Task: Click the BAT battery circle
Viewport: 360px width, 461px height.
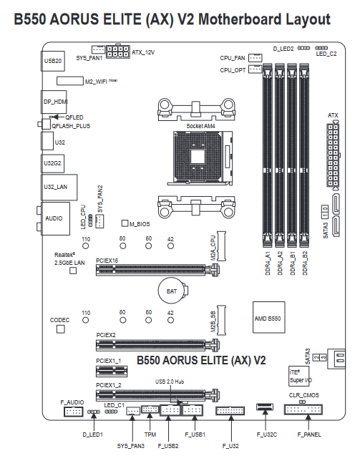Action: pos(172,291)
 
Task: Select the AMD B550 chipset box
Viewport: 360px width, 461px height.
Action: pos(268,317)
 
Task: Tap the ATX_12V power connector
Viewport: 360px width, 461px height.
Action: pos(117,52)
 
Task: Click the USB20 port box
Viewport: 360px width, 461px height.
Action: pos(53,61)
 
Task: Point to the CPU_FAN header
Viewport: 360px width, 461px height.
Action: pos(255,58)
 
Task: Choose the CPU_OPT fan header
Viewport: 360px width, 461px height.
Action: pos(255,69)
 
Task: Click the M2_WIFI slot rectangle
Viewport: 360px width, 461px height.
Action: pos(70,81)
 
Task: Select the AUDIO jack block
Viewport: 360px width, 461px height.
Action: pos(55,218)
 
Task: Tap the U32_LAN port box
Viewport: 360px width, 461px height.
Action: pos(59,188)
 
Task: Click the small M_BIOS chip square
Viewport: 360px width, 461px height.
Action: pos(125,223)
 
